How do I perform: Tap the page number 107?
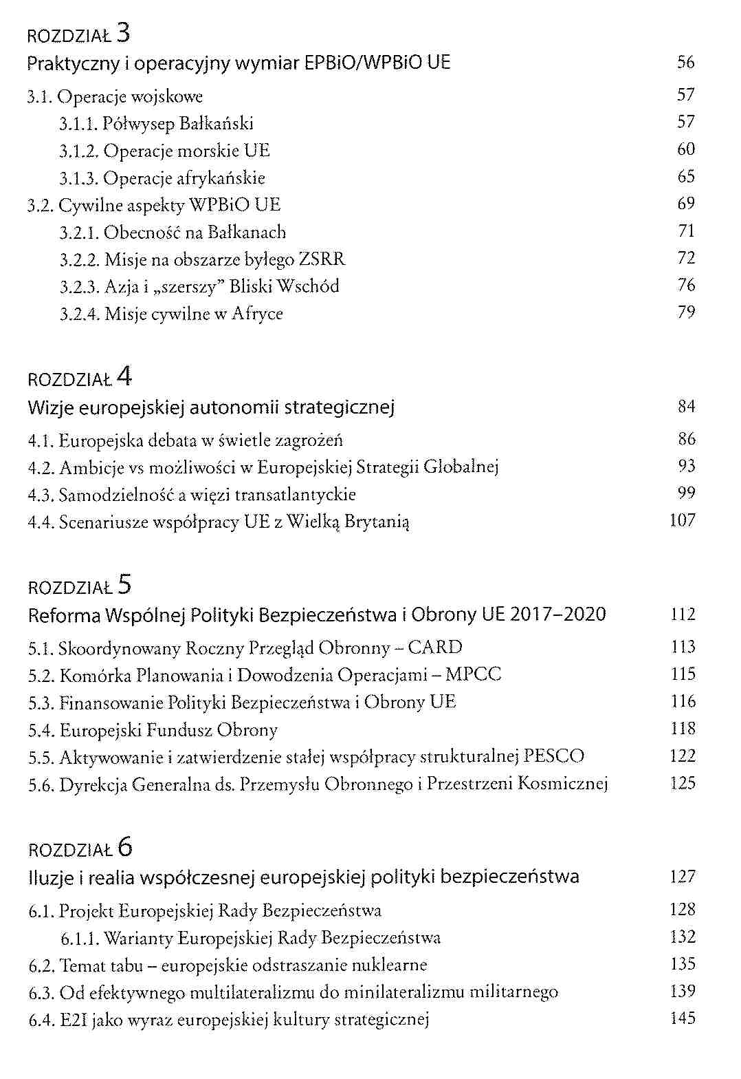683,520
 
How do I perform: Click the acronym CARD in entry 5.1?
434,648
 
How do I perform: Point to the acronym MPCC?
473,674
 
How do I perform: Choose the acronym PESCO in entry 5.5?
554,756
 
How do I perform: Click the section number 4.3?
41,495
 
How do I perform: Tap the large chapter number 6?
124,846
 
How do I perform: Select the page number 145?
683,1018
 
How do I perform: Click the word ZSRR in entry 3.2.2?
322,259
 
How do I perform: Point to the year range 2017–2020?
558,615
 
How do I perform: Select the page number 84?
686,407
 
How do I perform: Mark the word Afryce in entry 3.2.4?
257,314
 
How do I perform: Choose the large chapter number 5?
124,584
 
